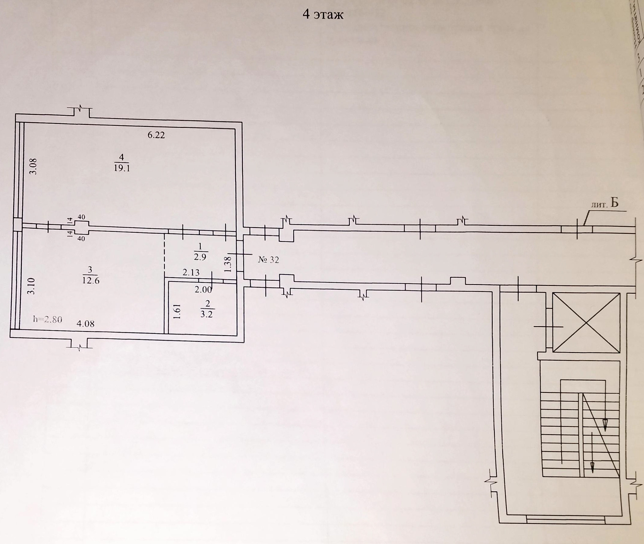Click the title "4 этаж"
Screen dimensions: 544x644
pos(323,15)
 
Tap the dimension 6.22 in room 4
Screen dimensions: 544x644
pos(156,135)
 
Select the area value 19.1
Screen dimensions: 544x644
pos(122,168)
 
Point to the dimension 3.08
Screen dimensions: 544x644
pos(33,166)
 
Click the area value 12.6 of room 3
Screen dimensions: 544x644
pos(91,280)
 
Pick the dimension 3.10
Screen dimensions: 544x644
pos(31,286)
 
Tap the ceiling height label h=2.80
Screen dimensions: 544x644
pos(48,319)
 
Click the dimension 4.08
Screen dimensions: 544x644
pos(86,324)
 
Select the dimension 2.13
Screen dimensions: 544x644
pos(191,272)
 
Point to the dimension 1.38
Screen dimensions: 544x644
pos(228,264)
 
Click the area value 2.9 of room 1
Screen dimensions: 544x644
pos(200,257)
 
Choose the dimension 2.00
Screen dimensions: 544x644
pos(203,289)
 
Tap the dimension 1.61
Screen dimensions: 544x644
pos(177,311)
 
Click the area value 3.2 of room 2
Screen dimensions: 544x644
pos(207,315)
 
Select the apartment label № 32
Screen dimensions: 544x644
pos(268,260)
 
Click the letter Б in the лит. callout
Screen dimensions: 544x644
pos(614,203)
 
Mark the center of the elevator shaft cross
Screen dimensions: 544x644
pos(586,323)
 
